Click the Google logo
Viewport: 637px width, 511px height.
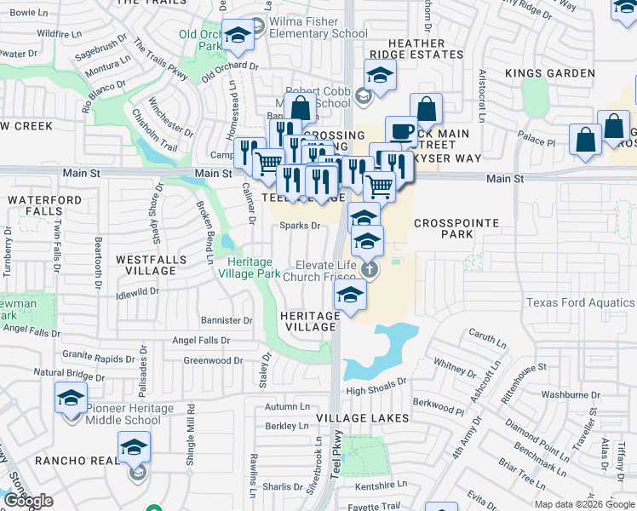click(29, 502)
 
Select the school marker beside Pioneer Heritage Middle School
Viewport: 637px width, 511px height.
click(72, 397)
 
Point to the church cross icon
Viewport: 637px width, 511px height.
click(369, 270)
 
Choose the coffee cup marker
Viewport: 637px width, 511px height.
click(402, 131)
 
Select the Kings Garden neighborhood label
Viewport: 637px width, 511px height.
click(550, 73)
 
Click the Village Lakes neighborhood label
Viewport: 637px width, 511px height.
click(363, 418)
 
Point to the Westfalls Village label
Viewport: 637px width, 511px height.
click(134, 265)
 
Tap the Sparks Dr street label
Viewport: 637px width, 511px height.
click(301, 226)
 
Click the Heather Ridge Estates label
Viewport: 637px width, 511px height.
click(416, 49)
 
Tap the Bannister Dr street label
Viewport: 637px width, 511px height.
click(227, 321)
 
